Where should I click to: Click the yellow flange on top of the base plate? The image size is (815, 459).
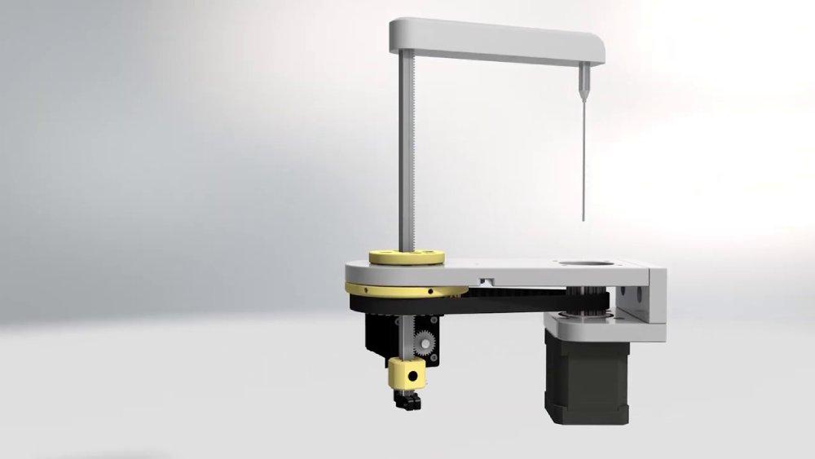point(407,256)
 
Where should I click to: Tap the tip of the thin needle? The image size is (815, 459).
point(585,218)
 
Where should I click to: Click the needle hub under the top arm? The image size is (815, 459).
point(585,79)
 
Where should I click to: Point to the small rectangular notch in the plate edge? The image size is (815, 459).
point(487,280)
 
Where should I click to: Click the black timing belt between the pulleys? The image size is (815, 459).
point(505,302)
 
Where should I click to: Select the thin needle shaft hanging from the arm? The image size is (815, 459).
point(585,155)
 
